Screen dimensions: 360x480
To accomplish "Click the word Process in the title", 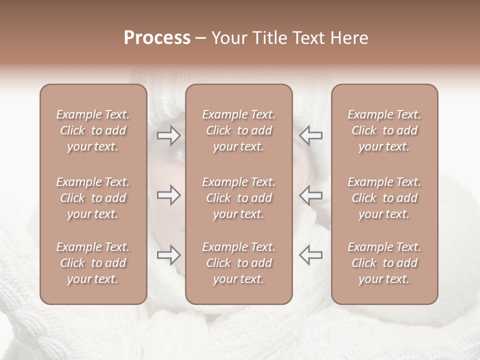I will pos(157,38).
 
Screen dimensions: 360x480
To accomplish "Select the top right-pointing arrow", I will pos(168,135).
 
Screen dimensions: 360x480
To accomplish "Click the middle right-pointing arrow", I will pos(168,195).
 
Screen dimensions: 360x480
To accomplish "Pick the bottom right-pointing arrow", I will pos(168,255).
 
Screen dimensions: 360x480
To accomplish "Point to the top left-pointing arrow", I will pos(310,135).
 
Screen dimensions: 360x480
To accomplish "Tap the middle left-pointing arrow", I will pos(310,195).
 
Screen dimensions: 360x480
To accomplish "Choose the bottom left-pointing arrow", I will pos(310,255).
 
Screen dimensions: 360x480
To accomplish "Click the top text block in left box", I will pos(93,130).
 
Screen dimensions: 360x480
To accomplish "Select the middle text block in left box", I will pos(93,198).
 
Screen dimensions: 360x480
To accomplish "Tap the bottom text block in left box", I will pos(93,263).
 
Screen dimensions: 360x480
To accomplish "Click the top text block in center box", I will pos(238,130).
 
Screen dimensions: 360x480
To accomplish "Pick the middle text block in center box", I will pos(238,198).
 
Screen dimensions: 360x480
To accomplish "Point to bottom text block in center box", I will pos(238,263).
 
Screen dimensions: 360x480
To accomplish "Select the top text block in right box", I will pos(384,130).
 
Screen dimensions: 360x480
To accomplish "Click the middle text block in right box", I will pos(384,198).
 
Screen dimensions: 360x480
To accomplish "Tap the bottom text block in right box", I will pos(384,263).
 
